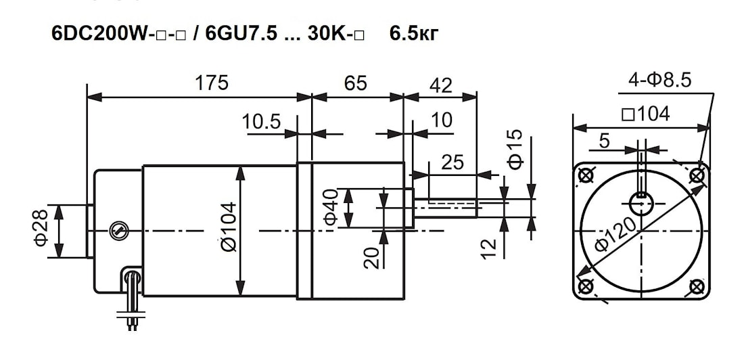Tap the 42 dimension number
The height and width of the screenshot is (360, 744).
(x=441, y=85)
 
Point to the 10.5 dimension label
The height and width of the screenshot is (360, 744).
(x=262, y=122)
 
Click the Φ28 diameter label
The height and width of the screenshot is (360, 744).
(x=41, y=228)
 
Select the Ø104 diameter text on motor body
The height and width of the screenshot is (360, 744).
(x=228, y=227)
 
